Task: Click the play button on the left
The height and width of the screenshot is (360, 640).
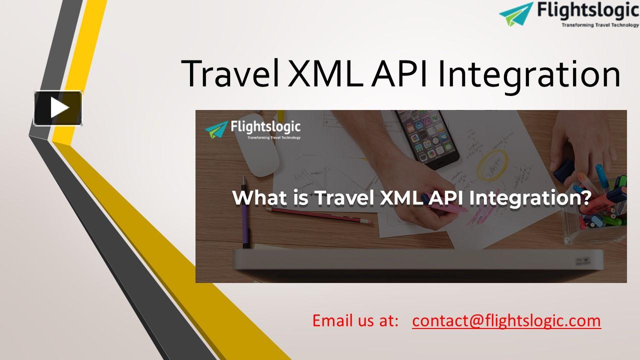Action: pos(58,108)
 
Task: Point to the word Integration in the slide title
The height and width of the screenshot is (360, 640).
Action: pos(529,75)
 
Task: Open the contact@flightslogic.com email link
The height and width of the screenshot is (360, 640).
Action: pos(506,320)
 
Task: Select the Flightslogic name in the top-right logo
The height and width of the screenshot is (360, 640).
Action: pos(587,10)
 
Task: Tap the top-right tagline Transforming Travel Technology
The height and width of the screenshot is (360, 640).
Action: pos(600,24)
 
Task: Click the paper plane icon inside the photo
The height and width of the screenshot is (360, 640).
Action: pos(216,129)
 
